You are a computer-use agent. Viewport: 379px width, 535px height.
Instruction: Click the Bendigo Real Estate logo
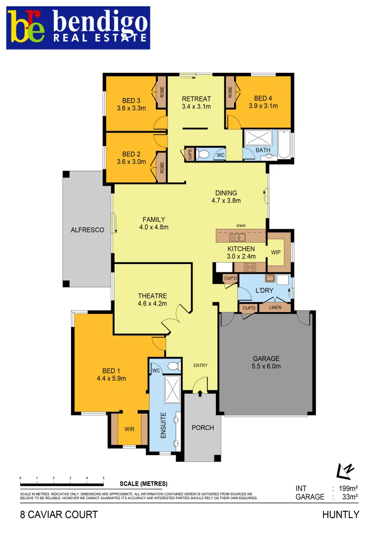pyautogui.click(x=78, y=28)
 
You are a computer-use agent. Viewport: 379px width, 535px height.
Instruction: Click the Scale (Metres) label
pyautogui.click(x=143, y=483)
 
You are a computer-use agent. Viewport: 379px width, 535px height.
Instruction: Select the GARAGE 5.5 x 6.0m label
pyautogui.click(x=266, y=362)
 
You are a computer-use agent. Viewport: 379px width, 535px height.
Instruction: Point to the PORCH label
pyautogui.click(x=203, y=427)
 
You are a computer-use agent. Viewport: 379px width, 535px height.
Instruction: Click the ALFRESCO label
pyautogui.click(x=87, y=230)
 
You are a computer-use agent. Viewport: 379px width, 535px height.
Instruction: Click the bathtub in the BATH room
pyautogui.click(x=284, y=144)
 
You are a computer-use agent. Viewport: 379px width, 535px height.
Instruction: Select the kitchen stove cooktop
pyautogui.click(x=250, y=267)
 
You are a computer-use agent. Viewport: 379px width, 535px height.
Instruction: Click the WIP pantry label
pyautogui.click(x=276, y=252)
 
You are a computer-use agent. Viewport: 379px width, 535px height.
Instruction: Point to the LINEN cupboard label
pyautogui.click(x=275, y=308)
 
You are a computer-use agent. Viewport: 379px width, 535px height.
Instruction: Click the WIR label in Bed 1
pyautogui.click(x=129, y=429)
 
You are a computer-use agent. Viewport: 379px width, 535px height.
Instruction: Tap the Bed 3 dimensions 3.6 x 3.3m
pyautogui.click(x=131, y=107)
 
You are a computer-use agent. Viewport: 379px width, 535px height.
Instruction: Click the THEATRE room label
pyautogui.click(x=152, y=296)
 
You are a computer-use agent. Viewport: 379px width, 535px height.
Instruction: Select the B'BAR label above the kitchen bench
pyautogui.click(x=241, y=226)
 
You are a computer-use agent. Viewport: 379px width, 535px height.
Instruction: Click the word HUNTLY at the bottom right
pyautogui.click(x=340, y=515)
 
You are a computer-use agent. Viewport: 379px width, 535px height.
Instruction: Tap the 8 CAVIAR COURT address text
pyautogui.click(x=59, y=515)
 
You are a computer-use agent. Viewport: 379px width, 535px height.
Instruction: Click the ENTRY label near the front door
pyautogui.click(x=200, y=366)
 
